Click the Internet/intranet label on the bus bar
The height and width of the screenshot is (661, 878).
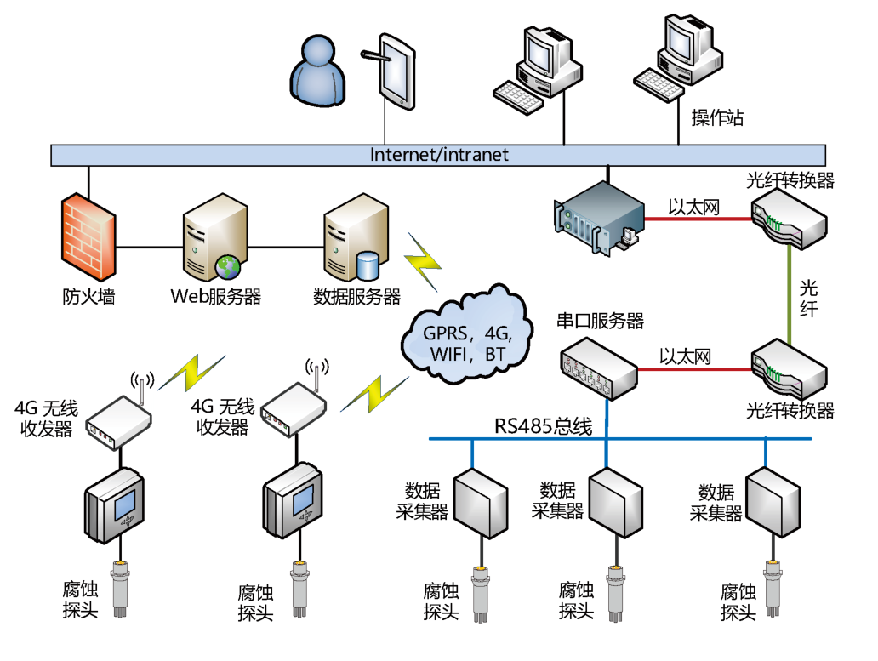click(x=439, y=155)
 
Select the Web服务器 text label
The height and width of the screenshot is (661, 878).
click(x=216, y=297)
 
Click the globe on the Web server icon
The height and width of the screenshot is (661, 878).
click(x=228, y=267)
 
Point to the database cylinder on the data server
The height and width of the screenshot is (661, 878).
click(x=368, y=265)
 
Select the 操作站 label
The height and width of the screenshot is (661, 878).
click(x=717, y=118)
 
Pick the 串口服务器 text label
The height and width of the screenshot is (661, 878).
click(x=600, y=321)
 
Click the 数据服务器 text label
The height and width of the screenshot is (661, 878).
click(x=356, y=297)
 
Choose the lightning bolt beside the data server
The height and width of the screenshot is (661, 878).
click(x=421, y=259)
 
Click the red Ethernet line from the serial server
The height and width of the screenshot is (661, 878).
click(x=693, y=370)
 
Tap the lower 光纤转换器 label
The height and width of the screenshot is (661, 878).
click(x=790, y=411)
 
